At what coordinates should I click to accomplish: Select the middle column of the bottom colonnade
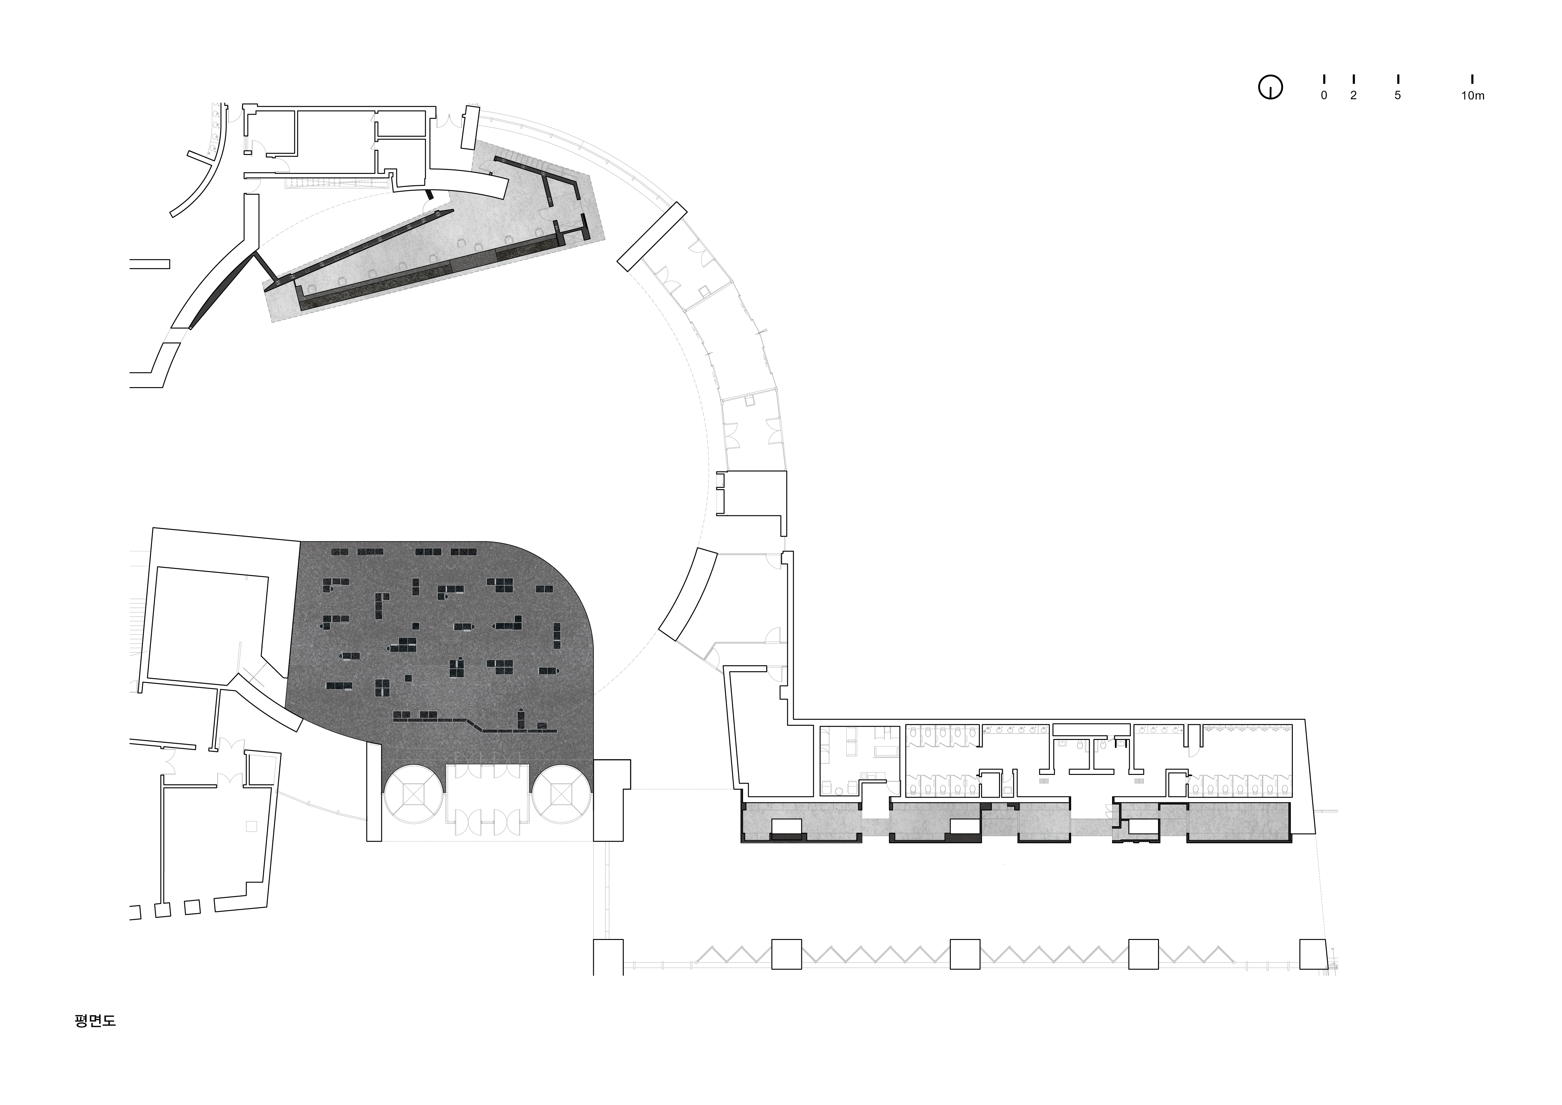click(965, 954)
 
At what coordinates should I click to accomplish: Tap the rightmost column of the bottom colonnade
click(1314, 954)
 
